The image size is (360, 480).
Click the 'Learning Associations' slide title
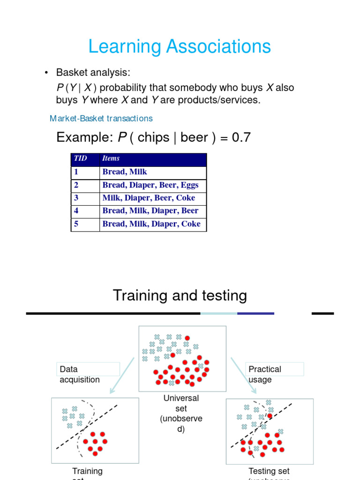180,47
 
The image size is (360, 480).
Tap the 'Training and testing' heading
180,295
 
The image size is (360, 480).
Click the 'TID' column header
80,158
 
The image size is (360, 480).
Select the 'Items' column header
111,158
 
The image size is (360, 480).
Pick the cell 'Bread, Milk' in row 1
125,172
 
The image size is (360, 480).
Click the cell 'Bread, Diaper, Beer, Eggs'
150,185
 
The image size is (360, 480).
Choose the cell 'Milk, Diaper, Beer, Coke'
149,198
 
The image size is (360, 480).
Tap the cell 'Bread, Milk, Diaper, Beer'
150,211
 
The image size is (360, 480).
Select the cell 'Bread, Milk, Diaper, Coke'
151,224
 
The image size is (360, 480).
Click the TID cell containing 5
76,224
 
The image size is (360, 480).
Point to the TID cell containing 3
76,198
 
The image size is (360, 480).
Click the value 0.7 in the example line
241,137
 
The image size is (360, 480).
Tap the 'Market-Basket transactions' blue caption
101,119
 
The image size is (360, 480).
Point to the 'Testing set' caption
269,471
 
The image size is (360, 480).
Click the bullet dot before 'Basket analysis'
46,73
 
